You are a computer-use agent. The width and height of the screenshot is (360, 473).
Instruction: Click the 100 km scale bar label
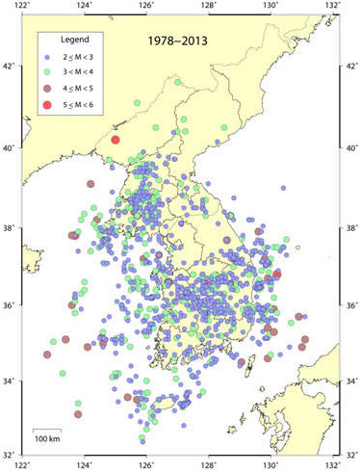pyautogui.click(x=47, y=439)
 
